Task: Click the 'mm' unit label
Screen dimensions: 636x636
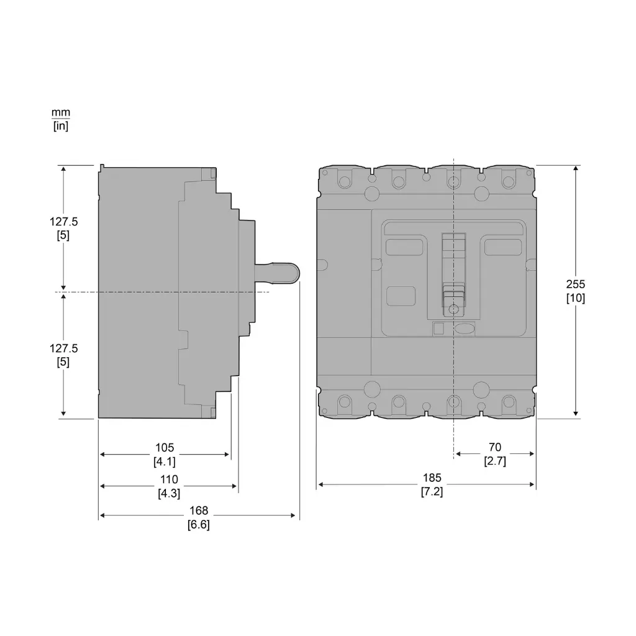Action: pos(60,112)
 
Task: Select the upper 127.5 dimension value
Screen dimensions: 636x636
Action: pos(64,221)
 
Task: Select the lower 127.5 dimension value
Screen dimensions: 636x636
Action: pos(64,348)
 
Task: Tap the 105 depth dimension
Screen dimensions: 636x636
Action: pos(165,448)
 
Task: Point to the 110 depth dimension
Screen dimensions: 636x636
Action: pos(168,479)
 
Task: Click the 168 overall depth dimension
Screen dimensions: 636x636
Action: pos(199,511)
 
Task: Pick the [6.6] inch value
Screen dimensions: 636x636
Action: pos(199,524)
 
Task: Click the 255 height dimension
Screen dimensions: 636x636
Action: pos(575,284)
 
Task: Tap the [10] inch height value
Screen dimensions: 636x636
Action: pos(575,298)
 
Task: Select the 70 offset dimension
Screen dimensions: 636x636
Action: pos(494,447)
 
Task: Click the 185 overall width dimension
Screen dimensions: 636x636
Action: pos(432,478)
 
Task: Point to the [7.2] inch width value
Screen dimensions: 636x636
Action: pos(432,491)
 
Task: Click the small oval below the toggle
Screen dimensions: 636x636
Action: pos(465,329)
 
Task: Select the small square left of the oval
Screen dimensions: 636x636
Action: pos(438,329)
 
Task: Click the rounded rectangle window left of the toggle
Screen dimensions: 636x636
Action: pos(401,296)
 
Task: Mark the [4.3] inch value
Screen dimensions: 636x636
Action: pos(168,493)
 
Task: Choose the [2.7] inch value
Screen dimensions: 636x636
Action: pos(494,461)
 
